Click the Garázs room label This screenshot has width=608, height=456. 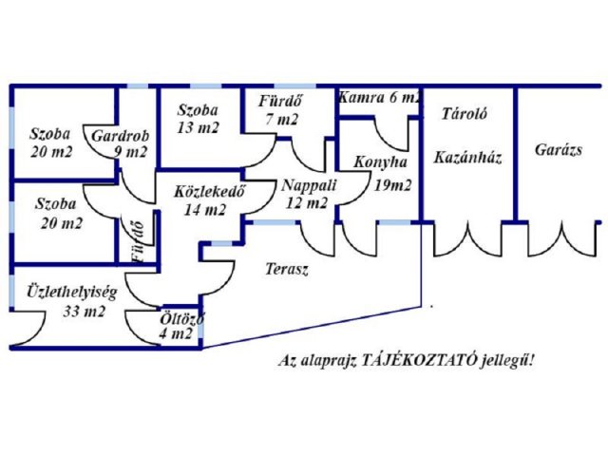tap(558, 150)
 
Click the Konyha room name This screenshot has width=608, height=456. tap(378, 162)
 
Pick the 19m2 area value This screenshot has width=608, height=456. tap(392, 184)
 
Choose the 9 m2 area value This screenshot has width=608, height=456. tap(129, 152)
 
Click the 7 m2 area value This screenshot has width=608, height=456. tap(283, 121)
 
